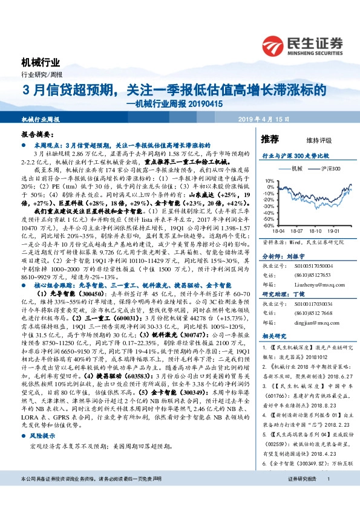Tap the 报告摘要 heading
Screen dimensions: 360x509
coord(38,137)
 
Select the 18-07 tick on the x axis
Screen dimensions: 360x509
coord(296,230)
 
